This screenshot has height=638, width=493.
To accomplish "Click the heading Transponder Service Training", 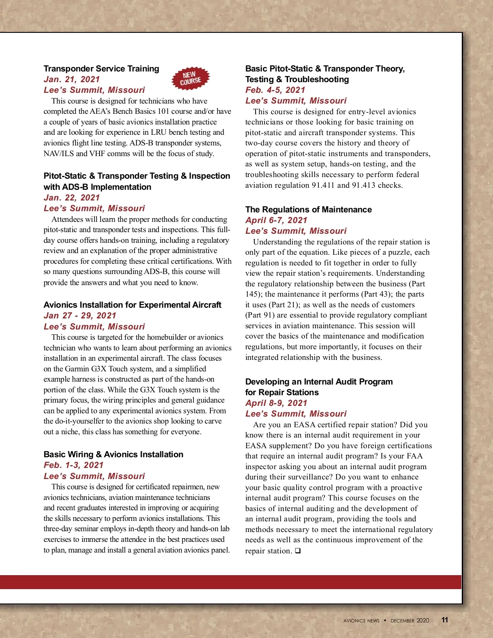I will pyautogui.click(x=101, y=69).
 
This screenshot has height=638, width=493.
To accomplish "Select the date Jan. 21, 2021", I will pyautogui.click(x=71, y=79).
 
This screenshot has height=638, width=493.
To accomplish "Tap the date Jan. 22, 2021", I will pyautogui.click(x=71, y=198).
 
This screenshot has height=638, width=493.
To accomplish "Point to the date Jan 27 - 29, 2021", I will pyautogui.click(x=80, y=316).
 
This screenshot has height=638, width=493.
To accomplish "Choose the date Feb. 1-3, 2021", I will pyautogui.click(x=74, y=465).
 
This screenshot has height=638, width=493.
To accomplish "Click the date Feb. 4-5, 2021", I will pyautogui.click(x=275, y=90).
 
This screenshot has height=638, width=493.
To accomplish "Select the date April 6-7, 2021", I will pyautogui.click(x=276, y=220).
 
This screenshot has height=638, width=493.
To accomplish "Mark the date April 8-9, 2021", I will pyautogui.click(x=276, y=403).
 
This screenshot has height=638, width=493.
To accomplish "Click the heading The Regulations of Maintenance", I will pyautogui.click(x=308, y=210).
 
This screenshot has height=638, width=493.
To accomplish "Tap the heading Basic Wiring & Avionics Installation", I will pyautogui.click(x=113, y=454).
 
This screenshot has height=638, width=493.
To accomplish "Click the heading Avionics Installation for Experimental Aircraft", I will pyautogui.click(x=132, y=305).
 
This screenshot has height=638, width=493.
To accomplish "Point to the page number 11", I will pyautogui.click(x=445, y=620).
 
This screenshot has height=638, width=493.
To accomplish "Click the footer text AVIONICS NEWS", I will pyautogui.click(x=361, y=621).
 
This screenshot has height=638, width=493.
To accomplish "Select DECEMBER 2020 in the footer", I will pyautogui.click(x=410, y=621).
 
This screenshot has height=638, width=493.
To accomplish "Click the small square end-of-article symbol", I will pyautogui.click(x=297, y=550).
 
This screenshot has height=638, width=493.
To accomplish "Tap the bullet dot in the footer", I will pyautogui.click(x=385, y=620).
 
